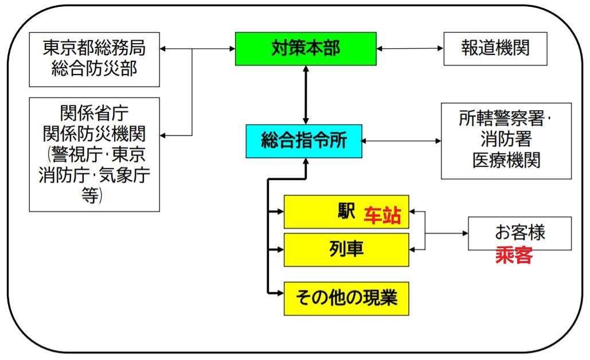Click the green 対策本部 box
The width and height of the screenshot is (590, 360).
click(x=306, y=49)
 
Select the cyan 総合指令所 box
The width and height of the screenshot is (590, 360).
click(x=304, y=141)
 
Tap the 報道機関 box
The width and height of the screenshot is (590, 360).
click(x=495, y=49)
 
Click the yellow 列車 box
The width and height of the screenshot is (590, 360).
click(x=346, y=250)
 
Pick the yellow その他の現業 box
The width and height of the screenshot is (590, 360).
click(x=346, y=298)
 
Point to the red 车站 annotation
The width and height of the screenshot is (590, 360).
click(x=382, y=216)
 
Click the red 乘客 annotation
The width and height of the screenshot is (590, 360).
click(x=514, y=255)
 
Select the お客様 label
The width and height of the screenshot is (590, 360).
click(x=520, y=232)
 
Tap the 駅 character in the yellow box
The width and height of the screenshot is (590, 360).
click(x=346, y=211)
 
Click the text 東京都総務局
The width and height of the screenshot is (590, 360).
click(x=94, y=48)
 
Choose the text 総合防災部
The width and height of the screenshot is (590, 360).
click(x=94, y=68)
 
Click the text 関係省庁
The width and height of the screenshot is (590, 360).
click(x=94, y=113)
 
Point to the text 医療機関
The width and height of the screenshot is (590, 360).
click(x=506, y=161)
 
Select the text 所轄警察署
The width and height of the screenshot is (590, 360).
click(x=502, y=119)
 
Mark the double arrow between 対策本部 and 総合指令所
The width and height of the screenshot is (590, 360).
click(x=306, y=95)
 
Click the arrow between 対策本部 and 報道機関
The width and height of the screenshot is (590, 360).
click(x=410, y=49)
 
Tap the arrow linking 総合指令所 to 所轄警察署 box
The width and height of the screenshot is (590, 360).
click(x=401, y=141)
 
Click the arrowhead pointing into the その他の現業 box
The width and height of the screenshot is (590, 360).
click(x=280, y=293)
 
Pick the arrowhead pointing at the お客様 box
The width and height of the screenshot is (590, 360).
click(x=465, y=233)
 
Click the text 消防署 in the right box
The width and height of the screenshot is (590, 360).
click(x=506, y=139)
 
